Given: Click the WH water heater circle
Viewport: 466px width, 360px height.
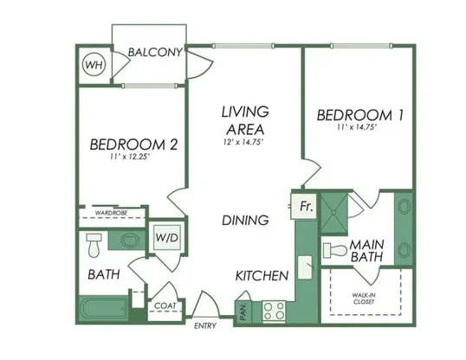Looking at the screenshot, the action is point(94,64).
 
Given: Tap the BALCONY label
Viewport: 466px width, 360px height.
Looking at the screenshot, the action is point(155,52).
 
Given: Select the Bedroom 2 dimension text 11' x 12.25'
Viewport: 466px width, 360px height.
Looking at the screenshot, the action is point(129,157).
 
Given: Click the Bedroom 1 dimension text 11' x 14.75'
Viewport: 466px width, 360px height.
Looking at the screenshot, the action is point(357,127).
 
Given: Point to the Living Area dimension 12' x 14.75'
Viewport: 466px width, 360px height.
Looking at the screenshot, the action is point(243,142).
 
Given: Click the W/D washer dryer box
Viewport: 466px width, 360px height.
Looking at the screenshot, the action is point(167,238).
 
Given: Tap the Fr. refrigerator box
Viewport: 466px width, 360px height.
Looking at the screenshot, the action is point(304,206).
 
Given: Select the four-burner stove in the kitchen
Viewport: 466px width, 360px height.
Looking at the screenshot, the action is point(274,311).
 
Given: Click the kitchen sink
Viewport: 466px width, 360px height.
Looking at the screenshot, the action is point(305,267).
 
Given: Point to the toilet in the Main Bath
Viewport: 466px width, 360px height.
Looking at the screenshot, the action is point(335,250).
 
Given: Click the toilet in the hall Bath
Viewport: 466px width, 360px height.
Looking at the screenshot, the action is point(94,246).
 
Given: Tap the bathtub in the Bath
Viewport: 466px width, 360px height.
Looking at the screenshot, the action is point(103,309).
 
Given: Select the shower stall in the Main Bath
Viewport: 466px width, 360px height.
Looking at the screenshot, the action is point(333,212).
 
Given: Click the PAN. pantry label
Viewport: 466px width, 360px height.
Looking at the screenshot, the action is point(243,312).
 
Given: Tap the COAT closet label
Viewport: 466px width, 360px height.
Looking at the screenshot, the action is point(165,305).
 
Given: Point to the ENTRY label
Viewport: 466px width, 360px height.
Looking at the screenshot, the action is point(205,326).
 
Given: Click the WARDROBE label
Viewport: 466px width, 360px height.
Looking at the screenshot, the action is point(111,213).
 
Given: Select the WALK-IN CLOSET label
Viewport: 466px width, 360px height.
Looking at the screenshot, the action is point(364,299).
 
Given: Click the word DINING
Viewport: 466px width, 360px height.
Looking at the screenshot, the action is point(245,220).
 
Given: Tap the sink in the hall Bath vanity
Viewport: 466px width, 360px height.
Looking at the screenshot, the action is point(130,240).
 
